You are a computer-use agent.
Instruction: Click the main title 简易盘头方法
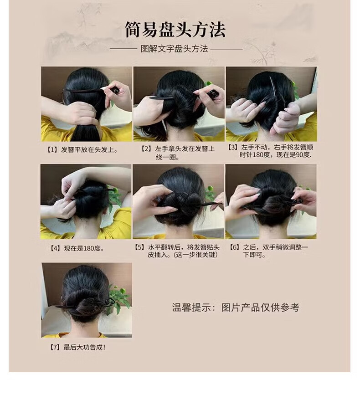175,30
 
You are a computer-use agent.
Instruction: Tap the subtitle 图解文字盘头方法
174,49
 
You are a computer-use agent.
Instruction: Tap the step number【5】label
139,247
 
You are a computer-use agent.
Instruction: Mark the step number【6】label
235,247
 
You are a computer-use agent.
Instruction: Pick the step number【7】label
55,348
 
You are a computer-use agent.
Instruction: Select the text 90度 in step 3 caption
303,155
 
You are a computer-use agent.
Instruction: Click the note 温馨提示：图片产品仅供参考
236,308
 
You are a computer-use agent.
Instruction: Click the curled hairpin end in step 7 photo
109,302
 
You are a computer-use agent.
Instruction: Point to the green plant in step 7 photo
119,297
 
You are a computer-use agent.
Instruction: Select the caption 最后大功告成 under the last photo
84,348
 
